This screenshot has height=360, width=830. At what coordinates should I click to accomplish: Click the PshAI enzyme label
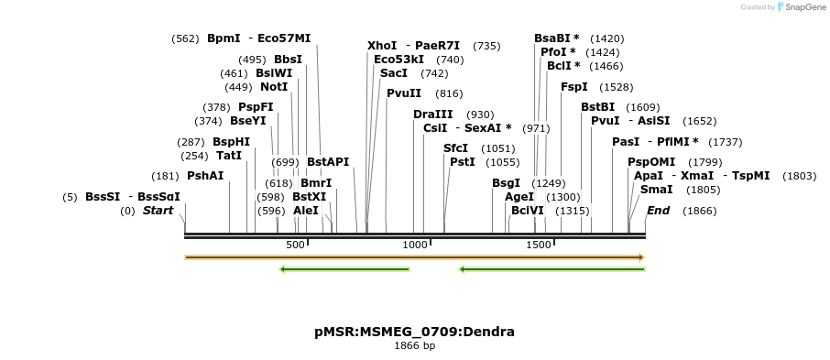coord(205,175)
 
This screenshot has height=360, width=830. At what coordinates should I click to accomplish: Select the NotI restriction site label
coord(274,87)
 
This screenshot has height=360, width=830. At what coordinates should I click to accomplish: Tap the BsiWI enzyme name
coord(274,73)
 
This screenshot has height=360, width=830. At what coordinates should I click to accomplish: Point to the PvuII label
coord(404,93)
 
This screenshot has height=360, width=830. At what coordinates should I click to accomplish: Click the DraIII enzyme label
coord(431,115)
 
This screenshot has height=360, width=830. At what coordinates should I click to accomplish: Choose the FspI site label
coord(574,87)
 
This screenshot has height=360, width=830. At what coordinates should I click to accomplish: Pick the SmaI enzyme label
coord(656,190)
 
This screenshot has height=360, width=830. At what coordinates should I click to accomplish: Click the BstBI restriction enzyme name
coord(598,107)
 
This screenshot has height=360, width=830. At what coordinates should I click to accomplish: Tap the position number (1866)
coord(700,211)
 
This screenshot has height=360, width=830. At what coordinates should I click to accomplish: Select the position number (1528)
coord(616,88)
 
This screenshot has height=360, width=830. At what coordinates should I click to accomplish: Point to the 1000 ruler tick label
coord(416,245)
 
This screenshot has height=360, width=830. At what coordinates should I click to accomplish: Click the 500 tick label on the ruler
coord(295,245)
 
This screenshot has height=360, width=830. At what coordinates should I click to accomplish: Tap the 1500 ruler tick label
coord(538,245)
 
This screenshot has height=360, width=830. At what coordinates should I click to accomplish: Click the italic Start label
coord(158,211)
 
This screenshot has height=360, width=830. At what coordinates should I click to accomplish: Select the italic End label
coord(658,211)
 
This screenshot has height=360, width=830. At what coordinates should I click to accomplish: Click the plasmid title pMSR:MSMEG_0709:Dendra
coord(414,331)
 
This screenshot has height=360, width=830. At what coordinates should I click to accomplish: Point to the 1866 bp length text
coord(414,346)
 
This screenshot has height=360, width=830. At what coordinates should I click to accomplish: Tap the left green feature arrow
coord(344,269)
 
